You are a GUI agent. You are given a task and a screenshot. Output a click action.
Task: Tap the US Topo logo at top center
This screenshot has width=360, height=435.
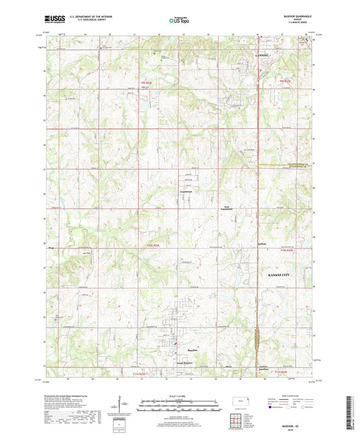click(179, 21)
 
